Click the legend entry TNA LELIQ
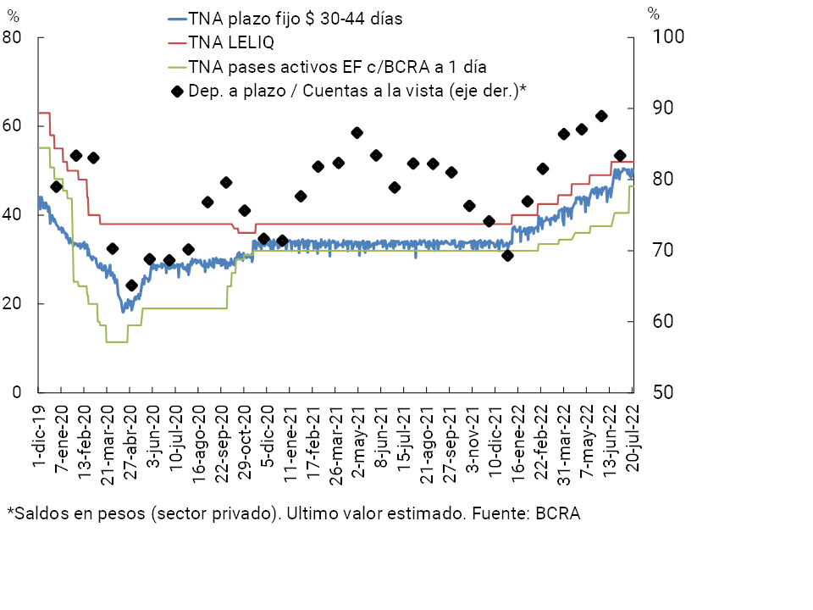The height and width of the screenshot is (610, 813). pos(231,42)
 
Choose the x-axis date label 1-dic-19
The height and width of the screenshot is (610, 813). pos(39,433)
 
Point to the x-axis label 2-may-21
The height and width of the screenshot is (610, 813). pos(357,433)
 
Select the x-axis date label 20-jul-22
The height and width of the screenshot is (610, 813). pos(632,433)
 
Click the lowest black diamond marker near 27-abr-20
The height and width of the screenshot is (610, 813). pos(131,286)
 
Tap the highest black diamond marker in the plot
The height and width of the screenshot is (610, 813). pos(601,116)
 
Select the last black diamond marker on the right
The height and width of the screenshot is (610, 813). pos(620,156)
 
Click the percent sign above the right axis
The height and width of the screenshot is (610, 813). pos(653,14)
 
